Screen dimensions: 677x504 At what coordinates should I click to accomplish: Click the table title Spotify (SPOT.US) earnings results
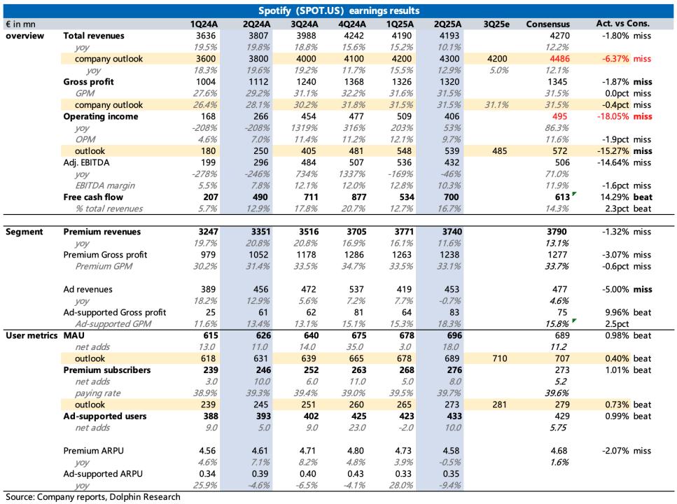point(339,10)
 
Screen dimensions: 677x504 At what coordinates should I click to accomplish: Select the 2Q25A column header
point(448,24)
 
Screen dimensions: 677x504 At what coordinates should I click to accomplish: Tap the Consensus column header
point(548,24)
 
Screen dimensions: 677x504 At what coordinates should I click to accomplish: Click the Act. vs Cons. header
point(622,24)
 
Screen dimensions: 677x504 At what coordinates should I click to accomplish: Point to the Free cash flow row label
point(93,197)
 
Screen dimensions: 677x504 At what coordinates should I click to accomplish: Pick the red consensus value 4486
point(559,59)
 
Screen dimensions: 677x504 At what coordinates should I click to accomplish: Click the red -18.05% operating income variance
point(613,116)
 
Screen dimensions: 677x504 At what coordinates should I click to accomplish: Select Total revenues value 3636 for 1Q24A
point(206,36)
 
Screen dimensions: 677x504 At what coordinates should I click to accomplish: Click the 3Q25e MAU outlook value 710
point(500,358)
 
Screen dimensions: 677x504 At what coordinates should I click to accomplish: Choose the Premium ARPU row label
point(93,450)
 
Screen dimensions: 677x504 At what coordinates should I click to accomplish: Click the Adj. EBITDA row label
point(86,162)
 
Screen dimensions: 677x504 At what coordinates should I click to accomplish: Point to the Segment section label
point(25,232)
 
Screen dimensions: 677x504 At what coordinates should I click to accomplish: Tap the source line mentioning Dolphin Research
point(93,497)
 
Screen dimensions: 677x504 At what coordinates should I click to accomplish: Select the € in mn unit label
point(21,24)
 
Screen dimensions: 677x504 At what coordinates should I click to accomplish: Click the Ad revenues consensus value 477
point(559,289)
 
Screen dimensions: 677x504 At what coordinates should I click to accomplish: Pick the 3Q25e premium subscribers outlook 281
point(500,405)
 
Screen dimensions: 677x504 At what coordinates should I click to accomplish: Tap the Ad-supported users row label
point(105,416)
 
